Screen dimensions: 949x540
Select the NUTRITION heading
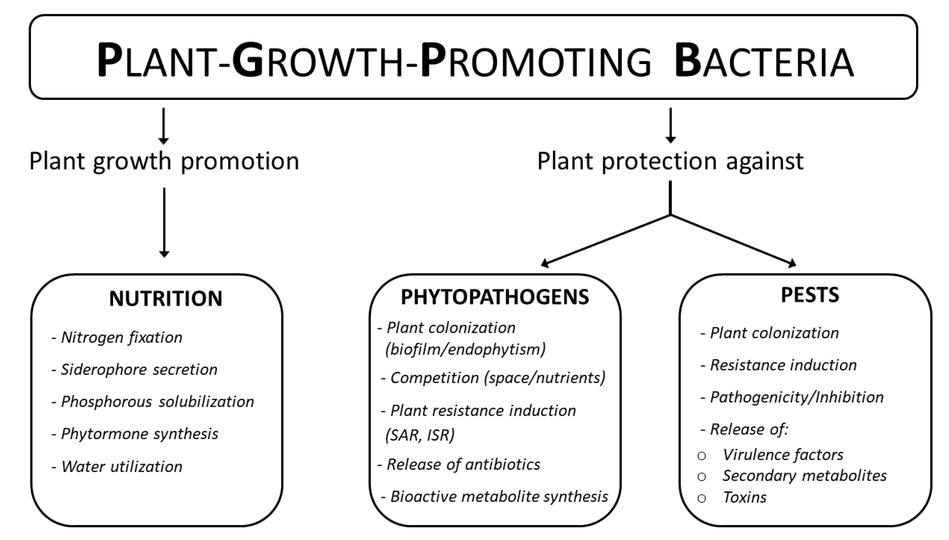point(166,299)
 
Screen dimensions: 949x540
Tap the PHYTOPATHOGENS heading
point(495,297)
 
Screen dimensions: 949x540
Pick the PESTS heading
point(810,295)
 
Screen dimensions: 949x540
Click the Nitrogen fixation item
point(117,337)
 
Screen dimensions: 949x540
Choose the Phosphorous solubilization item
point(153,402)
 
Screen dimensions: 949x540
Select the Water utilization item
point(117,467)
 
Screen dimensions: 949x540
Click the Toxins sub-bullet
point(744,498)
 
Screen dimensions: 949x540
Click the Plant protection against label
point(670,161)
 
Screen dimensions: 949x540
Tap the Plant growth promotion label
point(164,161)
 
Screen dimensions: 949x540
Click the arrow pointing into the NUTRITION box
point(164,223)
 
